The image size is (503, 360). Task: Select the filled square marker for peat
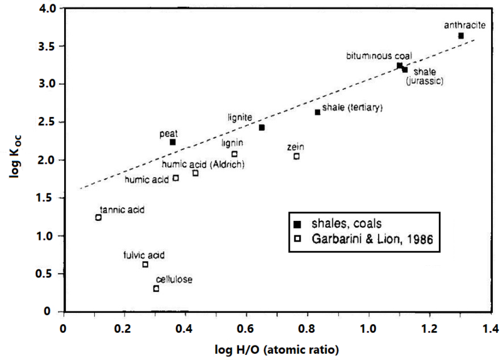173,142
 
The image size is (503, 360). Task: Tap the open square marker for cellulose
156,289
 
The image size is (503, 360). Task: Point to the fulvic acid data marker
145,265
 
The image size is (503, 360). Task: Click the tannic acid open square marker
98,218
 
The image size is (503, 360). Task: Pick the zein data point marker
296,156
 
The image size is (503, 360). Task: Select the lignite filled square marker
262,128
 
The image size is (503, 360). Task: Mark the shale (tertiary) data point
318,112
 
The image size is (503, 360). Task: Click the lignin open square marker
235,154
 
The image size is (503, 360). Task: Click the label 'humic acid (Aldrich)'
202,165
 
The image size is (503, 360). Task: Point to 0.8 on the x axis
307,328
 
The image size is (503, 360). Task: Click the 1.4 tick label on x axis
490,328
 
